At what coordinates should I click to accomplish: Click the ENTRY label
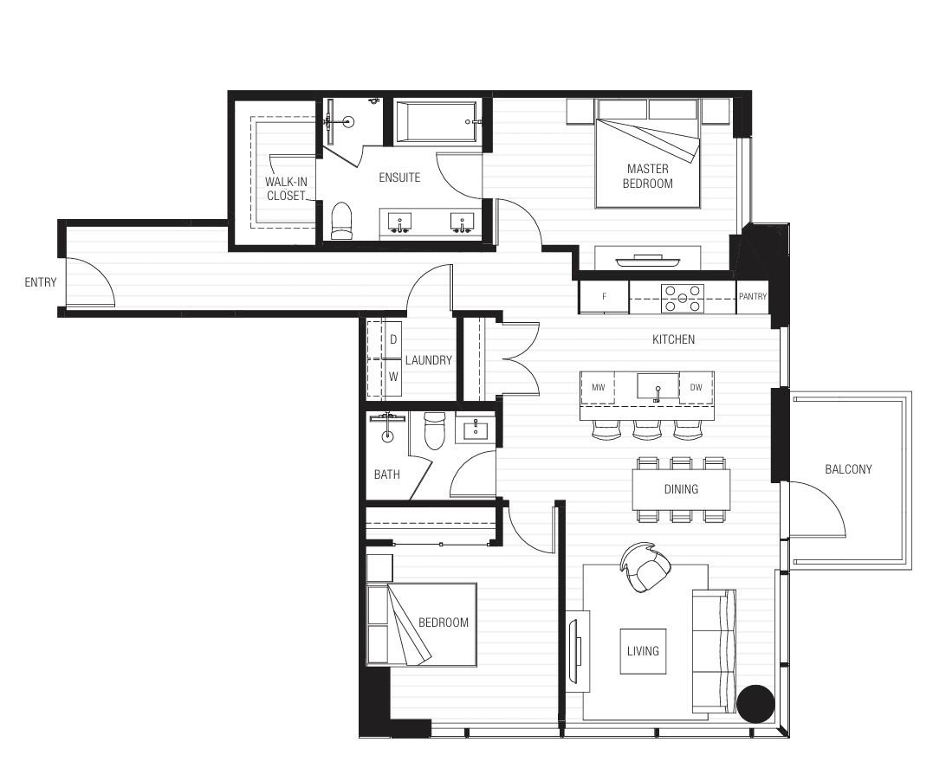[x=41, y=282]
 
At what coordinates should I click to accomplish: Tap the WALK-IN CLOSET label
[x=286, y=189]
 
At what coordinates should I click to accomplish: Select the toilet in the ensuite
[x=342, y=220]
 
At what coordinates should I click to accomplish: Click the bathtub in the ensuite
[x=436, y=122]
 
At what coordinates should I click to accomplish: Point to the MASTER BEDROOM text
[x=647, y=176]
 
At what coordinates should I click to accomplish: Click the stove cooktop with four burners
[x=683, y=298]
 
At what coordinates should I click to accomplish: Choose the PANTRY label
[x=753, y=297]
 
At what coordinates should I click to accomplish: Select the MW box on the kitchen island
[x=598, y=387]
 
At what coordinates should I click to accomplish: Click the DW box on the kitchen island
[x=697, y=387]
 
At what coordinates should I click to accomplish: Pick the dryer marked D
[x=392, y=340]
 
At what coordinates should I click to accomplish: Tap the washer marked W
[x=392, y=377]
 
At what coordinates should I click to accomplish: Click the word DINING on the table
[x=681, y=489]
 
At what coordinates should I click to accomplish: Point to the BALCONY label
[x=848, y=469]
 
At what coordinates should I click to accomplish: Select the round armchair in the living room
[x=646, y=568]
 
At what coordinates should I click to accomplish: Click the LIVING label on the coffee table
[x=643, y=651]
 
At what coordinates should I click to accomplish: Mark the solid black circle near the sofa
[x=755, y=703]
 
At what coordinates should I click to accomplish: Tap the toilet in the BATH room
[x=434, y=431]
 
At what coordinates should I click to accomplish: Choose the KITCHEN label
[x=673, y=340]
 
